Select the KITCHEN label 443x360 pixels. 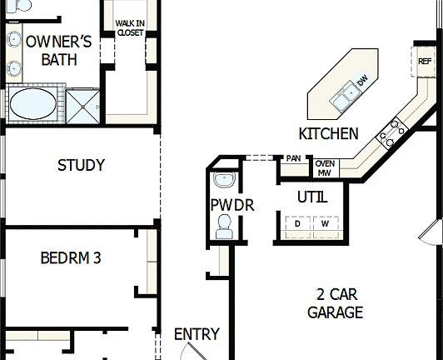click(x=328, y=133)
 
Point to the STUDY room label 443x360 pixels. click(x=81, y=165)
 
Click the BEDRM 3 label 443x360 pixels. click(x=71, y=258)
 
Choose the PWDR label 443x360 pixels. click(x=226, y=205)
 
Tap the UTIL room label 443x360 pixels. click(x=311, y=197)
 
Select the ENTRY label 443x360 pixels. click(x=197, y=334)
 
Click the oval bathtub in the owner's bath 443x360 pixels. click(x=32, y=105)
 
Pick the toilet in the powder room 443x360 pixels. click(x=224, y=226)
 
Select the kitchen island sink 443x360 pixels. click(x=341, y=101)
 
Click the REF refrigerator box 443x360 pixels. click(x=425, y=62)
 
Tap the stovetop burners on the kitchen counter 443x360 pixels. click(x=392, y=132)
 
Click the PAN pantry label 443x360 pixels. click(x=293, y=158)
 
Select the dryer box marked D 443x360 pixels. click(x=297, y=223)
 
